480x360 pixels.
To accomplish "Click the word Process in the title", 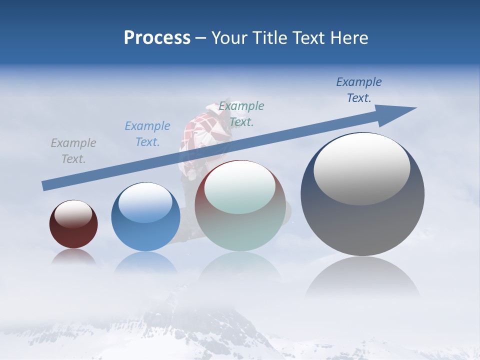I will tap(157, 38).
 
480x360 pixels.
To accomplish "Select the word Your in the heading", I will tap(228, 38).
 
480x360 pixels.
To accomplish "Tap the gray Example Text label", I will tap(73, 151).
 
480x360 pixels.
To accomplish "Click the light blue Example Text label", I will tap(147, 134).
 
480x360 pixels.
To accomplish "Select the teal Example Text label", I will tap(241, 113).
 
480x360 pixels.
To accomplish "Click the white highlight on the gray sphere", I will tap(361, 169).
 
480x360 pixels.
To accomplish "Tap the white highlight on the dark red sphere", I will tap(73, 213).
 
